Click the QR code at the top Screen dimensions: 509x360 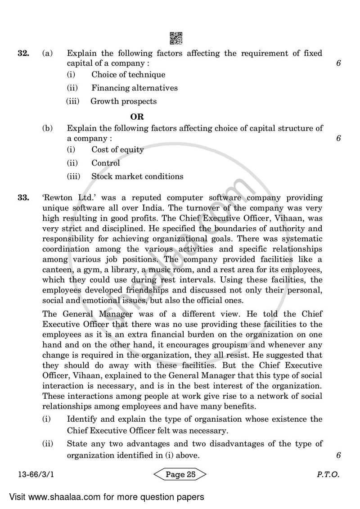click(x=176, y=38)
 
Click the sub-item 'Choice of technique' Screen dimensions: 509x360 click(x=128, y=75)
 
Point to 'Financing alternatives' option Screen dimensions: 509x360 click(x=135, y=88)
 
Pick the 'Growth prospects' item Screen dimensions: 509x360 click(x=124, y=101)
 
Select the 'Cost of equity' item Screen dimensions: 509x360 click(x=117, y=150)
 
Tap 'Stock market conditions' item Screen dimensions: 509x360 click(x=137, y=176)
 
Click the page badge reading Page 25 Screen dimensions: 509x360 click(x=180, y=474)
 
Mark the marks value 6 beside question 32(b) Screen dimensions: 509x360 click(x=338, y=139)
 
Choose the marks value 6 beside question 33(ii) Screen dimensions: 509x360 click(x=338, y=455)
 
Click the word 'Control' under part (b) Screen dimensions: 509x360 click(x=106, y=163)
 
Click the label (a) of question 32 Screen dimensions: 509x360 click(x=47, y=54)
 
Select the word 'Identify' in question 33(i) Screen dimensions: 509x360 click(x=81, y=419)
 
